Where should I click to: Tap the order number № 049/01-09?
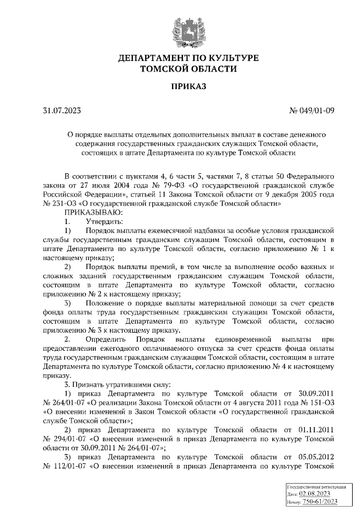click(312, 110)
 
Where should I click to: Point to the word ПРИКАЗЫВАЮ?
click(92, 212)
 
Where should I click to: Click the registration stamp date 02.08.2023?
click(315, 493)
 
